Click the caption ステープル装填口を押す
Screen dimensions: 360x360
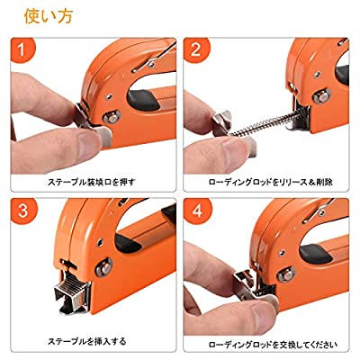pyautogui.click(x=94, y=180)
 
